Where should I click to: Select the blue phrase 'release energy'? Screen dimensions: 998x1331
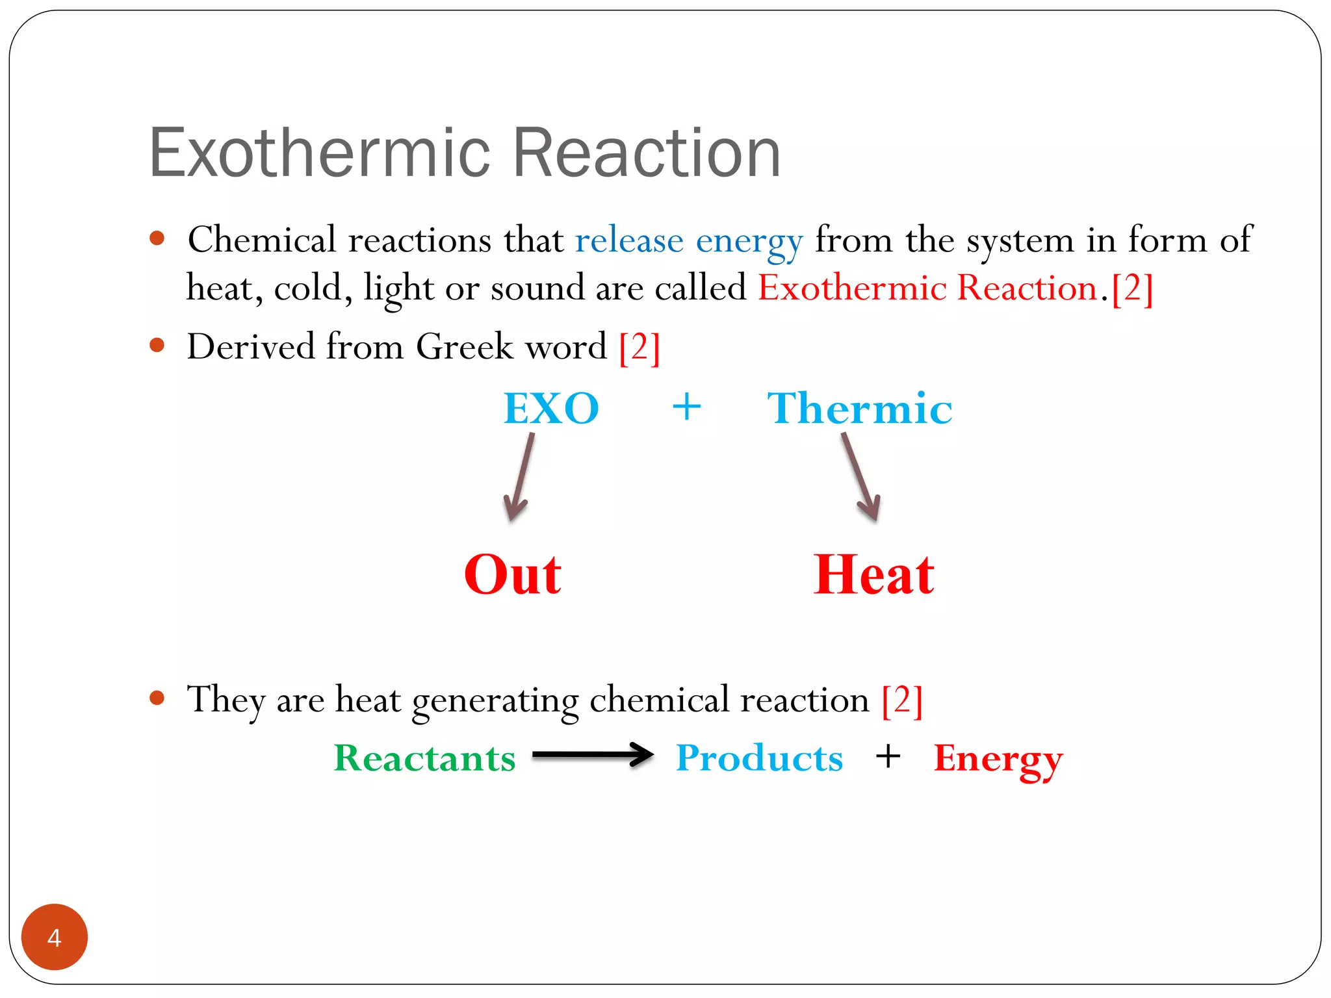coord(689,240)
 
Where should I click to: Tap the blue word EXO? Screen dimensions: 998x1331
coord(551,409)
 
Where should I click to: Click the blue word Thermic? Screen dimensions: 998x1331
coord(859,409)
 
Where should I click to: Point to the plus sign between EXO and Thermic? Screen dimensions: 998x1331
coord(686,408)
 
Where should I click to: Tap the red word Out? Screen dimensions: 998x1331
coord(513,575)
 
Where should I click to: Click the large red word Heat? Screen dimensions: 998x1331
coord(873,575)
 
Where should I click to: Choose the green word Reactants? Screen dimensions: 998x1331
coord(424,758)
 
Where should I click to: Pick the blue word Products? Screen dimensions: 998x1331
coord(759,758)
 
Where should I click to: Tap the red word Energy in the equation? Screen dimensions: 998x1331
coord(998,758)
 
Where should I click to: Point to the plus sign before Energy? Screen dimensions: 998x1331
coord(888,757)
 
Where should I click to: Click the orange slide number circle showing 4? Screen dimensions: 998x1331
coord(55,936)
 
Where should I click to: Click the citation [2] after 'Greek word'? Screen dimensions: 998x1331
coord(640,348)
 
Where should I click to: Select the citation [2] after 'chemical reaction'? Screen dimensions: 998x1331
coord(902,701)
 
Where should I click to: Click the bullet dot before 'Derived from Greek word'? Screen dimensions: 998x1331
coord(157,344)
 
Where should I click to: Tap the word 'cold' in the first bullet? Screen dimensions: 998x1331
coord(307,288)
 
